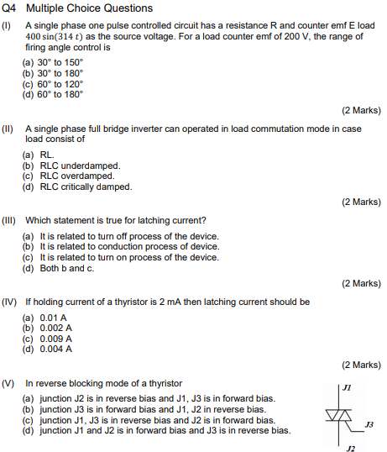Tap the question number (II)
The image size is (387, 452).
tap(8, 129)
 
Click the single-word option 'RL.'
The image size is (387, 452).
tap(47, 156)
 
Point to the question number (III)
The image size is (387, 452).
tap(9, 221)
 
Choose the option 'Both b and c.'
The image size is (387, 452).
tap(68, 268)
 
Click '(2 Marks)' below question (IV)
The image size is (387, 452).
tap(361, 365)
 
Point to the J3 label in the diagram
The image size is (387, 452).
tap(369, 425)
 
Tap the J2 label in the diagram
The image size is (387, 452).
tap(350, 448)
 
